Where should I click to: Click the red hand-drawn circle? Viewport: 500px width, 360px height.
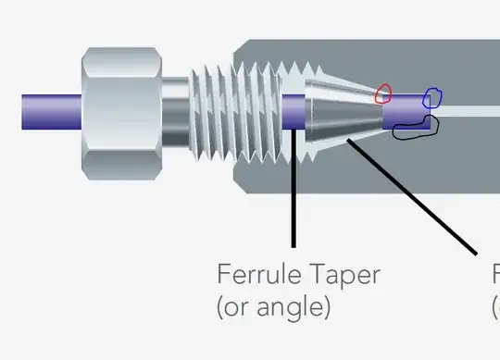coord(383,93)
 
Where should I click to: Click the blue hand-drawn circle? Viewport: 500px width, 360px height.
coord(432,96)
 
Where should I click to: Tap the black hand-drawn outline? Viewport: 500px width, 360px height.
coord(413,128)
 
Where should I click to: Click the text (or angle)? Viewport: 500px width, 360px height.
coord(273,306)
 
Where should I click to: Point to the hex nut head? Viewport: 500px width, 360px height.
coord(122,112)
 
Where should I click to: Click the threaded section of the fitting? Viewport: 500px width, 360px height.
coord(236,112)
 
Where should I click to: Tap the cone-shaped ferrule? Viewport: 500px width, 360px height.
coord(339,113)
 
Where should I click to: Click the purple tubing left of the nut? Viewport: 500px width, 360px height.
coord(51,112)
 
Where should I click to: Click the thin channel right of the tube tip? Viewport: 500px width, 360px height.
coord(468,110)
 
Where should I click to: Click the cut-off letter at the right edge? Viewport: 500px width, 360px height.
coord(495,275)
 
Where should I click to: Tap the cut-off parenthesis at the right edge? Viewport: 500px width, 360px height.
coord(495,306)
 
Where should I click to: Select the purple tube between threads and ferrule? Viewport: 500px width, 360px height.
coord(293,112)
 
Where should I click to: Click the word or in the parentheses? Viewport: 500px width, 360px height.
coord(237,306)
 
